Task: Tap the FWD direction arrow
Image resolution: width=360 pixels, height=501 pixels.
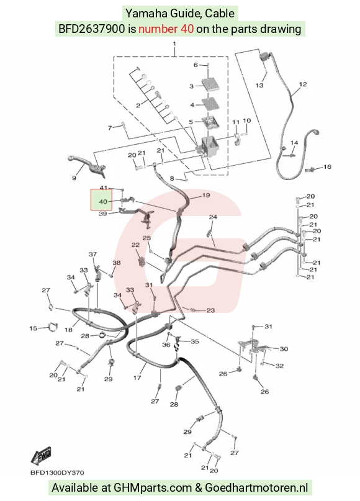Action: tap(41, 456)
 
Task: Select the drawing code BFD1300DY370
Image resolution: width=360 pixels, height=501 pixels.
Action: tap(58, 472)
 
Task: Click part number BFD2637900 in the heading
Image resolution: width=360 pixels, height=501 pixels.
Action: tap(91, 29)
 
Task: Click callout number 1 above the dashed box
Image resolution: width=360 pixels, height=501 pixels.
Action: tap(174, 43)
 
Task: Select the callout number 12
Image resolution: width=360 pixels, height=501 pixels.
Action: tap(303, 84)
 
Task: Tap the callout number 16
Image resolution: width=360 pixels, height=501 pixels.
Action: tap(328, 167)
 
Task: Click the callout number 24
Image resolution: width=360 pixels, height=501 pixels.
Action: tap(213, 217)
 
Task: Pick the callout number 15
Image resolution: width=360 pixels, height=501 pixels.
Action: tap(34, 328)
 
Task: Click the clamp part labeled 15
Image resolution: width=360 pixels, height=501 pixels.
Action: tap(52, 327)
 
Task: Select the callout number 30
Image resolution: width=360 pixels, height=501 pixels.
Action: tap(284, 349)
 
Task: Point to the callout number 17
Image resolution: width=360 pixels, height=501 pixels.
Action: tap(137, 378)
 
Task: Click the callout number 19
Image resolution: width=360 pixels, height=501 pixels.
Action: tap(206, 195)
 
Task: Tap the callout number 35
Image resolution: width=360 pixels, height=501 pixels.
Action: tap(195, 341)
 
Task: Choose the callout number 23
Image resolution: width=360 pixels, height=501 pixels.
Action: tap(210, 310)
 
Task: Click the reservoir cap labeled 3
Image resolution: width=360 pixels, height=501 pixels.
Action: tap(210, 83)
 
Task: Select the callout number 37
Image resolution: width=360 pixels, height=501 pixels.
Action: tap(92, 255)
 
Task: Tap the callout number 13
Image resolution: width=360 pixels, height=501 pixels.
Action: tap(259, 85)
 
